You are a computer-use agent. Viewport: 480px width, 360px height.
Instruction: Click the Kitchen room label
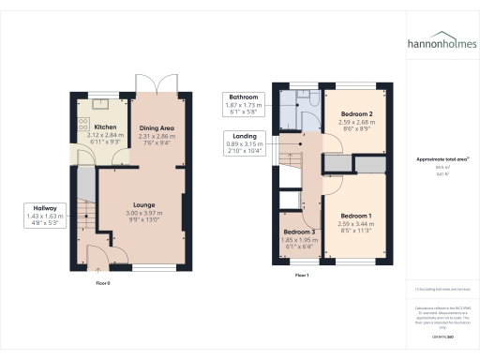(x=104, y=127)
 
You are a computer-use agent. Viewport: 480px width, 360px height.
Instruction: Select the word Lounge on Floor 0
(x=143, y=203)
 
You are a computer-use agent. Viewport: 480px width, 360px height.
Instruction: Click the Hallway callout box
(x=46, y=217)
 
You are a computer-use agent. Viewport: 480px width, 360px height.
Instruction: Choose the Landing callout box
(x=242, y=142)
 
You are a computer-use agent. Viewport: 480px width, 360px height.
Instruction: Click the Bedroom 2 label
(x=356, y=113)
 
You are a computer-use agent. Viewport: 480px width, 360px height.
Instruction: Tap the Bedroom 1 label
(x=356, y=216)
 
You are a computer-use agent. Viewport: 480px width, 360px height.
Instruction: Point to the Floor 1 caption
(x=301, y=276)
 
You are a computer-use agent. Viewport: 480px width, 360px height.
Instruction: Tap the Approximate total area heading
(x=441, y=159)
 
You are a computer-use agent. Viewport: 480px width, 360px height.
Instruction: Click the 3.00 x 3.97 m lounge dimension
(x=143, y=212)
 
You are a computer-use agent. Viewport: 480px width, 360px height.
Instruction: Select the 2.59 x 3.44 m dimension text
(x=356, y=224)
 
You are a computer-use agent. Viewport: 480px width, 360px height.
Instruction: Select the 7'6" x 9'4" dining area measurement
(x=157, y=143)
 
